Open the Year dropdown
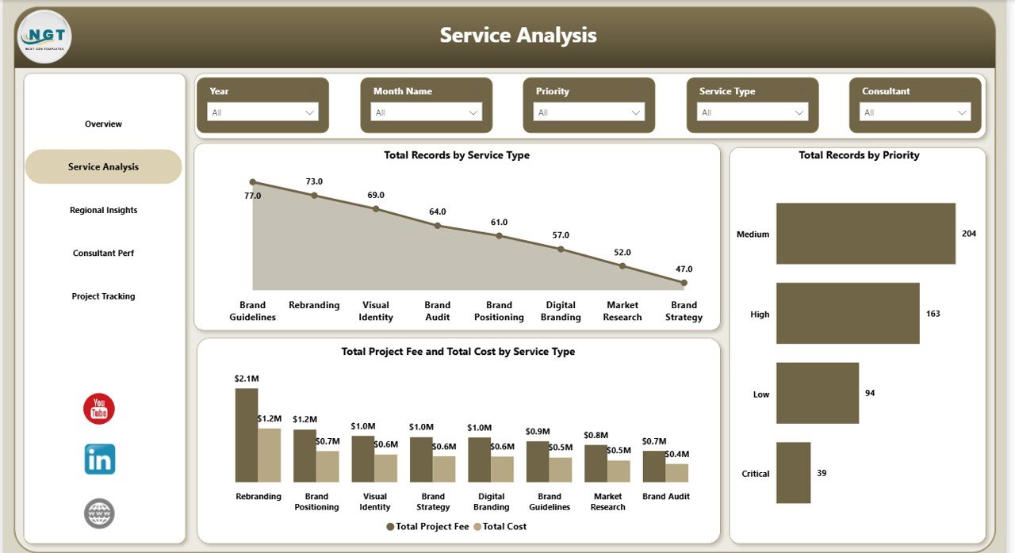262,113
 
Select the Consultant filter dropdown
915,113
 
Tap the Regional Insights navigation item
103,210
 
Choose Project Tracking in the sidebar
103,296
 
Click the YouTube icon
99,409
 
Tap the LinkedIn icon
100,460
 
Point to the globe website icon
99,513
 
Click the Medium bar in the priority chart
865,234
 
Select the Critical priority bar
793,473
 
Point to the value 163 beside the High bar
933,314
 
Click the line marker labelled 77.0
253,182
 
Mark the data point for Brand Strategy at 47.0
684,282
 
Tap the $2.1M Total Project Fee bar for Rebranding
247,434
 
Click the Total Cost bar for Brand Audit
676,473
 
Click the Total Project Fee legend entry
428,527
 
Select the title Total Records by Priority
859,155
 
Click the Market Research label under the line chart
622,311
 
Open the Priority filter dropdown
589,113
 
